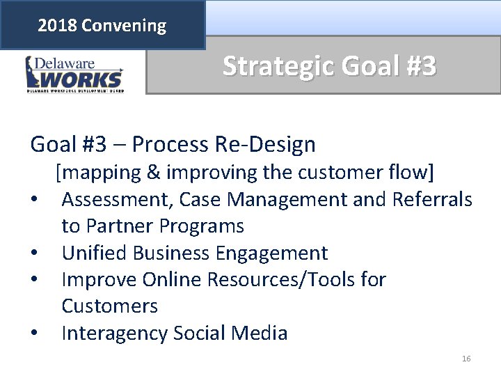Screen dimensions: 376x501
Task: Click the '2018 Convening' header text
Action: (102, 26)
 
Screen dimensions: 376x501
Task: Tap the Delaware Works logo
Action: (74, 74)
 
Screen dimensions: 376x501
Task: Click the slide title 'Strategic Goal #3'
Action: (329, 66)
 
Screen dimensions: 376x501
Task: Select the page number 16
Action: (466, 359)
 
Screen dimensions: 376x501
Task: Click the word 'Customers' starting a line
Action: (110, 306)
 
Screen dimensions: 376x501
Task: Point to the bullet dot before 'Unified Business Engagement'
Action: (35, 253)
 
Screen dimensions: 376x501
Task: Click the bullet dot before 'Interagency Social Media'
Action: (35, 334)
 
